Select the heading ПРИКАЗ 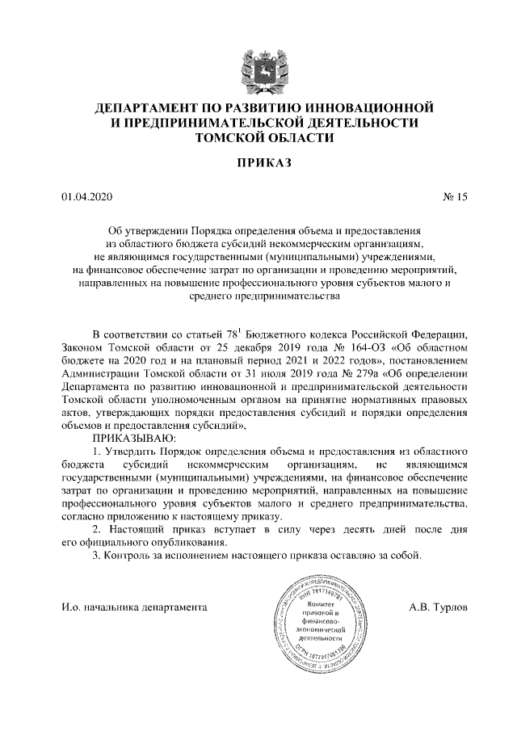(x=258, y=165)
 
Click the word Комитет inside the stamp (x=322, y=603)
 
